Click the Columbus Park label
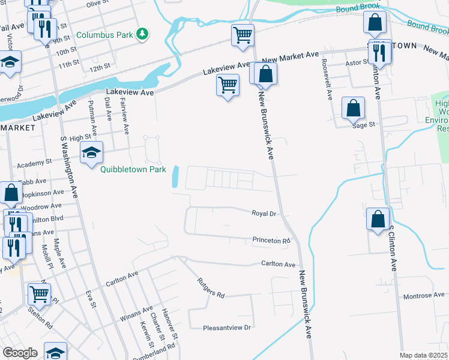[x=104, y=35]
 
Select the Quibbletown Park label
[x=133, y=170]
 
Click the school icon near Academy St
[x=91, y=154]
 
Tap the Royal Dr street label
[x=264, y=213]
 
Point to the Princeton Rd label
[x=271, y=241]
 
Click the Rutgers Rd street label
[x=211, y=287]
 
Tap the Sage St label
[x=363, y=125]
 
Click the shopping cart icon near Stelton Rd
[x=39, y=294]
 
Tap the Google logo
[x=20, y=353]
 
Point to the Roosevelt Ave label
[x=327, y=79]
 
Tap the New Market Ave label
[x=290, y=55]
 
